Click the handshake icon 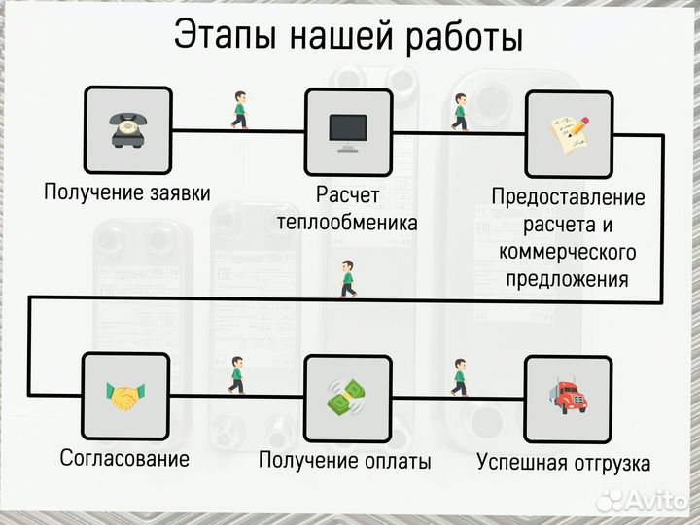pyautogui.click(x=125, y=396)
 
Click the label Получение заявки pyautogui.click(x=126, y=192)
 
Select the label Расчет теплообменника pyautogui.click(x=347, y=208)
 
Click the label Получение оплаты pyautogui.click(x=345, y=461)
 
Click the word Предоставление pyautogui.click(x=568, y=197)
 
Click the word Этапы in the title pyautogui.click(x=228, y=37)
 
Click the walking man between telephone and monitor pyautogui.click(x=238, y=110)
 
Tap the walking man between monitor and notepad pyautogui.click(x=459, y=112)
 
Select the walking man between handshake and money pyautogui.click(x=236, y=375)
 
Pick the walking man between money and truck pyautogui.click(x=459, y=377)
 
